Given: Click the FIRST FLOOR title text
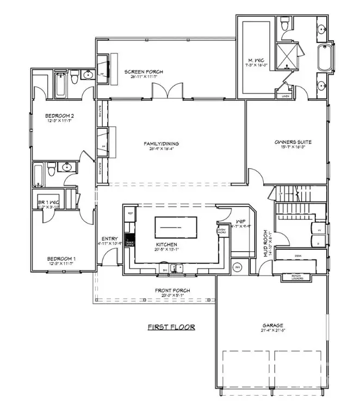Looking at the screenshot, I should [171, 327].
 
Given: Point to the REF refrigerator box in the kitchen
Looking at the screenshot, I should [131, 213].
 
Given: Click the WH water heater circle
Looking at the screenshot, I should [238, 267].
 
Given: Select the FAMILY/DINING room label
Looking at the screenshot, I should [161, 144].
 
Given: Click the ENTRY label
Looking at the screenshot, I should [109, 238].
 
